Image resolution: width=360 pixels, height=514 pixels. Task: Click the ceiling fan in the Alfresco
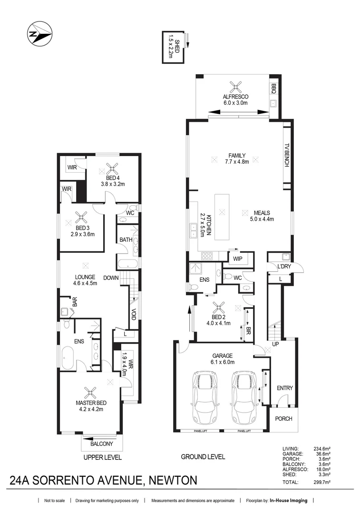(x=235, y=88)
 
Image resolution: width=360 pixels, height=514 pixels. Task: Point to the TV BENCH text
(x=286, y=155)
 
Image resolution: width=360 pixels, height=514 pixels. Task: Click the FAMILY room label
(x=236, y=155)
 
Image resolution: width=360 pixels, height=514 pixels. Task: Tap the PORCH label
(x=284, y=419)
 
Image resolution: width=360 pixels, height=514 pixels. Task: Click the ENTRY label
(x=285, y=388)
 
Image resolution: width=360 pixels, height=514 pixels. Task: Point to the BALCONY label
(x=102, y=444)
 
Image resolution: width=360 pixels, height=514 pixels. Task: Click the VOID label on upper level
(x=133, y=315)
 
